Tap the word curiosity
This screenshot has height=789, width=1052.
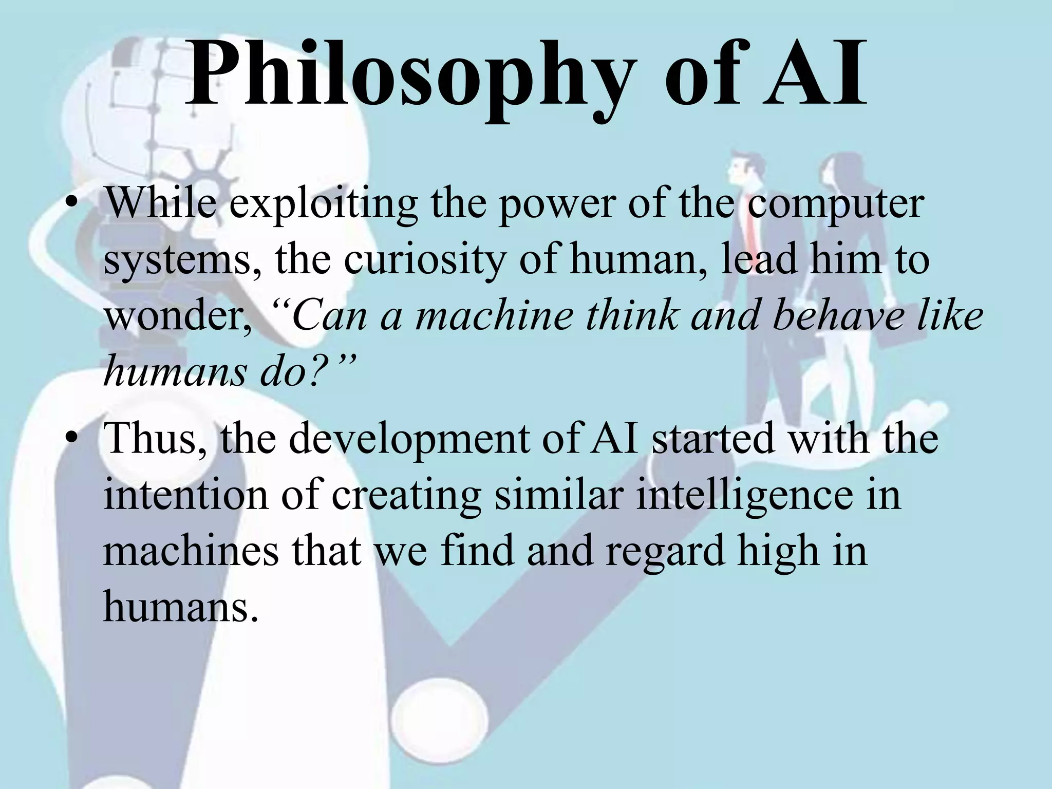pos(424,261)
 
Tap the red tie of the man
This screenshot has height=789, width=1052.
pos(752,226)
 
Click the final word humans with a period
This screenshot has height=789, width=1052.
pos(180,606)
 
